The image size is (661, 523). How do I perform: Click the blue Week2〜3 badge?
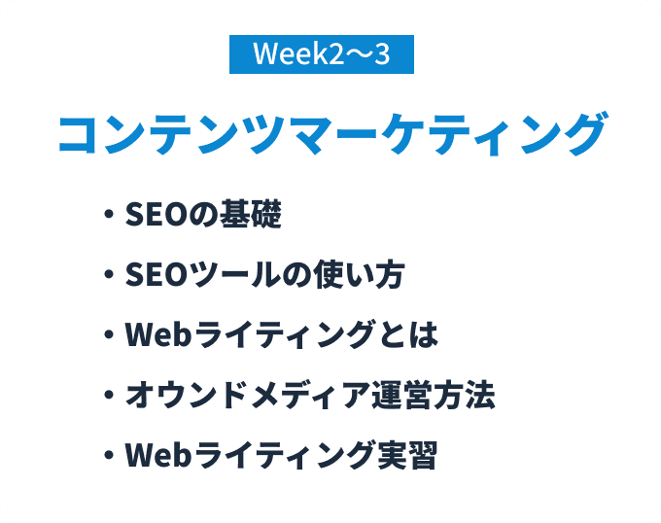pyautogui.click(x=322, y=54)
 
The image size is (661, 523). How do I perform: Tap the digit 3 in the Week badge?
pyautogui.click(x=381, y=54)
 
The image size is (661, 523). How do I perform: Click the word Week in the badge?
pyautogui.click(x=285, y=53)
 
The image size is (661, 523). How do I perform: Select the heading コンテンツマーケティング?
pyautogui.click(x=332, y=133)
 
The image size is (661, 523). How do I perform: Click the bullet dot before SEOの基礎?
pyautogui.click(x=109, y=213)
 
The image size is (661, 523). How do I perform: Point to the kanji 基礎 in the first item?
pyautogui.click(x=251, y=214)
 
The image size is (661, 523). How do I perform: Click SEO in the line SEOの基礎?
pyautogui.click(x=157, y=214)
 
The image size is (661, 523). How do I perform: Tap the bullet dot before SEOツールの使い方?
pyautogui.click(x=109, y=274)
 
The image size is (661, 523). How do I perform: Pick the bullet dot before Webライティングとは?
pyautogui.click(x=109, y=334)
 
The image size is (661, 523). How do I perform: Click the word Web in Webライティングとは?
pyautogui.click(x=158, y=334)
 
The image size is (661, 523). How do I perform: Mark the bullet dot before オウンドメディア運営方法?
pyautogui.click(x=109, y=395)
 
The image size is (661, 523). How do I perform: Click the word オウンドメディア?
pyautogui.click(x=248, y=395)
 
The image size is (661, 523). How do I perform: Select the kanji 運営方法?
pyautogui.click(x=434, y=395)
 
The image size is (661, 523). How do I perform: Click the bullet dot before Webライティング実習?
pyautogui.click(x=109, y=455)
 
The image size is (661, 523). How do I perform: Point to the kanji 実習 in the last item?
pyautogui.click(x=407, y=455)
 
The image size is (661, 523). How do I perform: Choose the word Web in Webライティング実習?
pyautogui.click(x=158, y=455)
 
